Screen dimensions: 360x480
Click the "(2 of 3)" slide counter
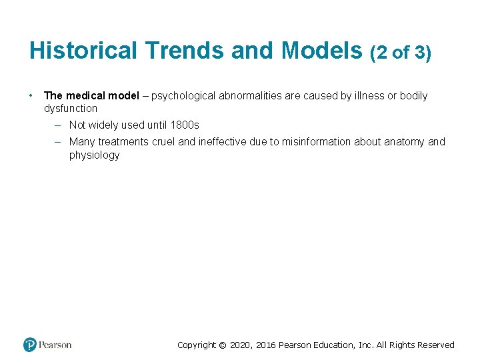click(x=400, y=52)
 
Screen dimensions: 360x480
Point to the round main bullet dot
click(x=31, y=95)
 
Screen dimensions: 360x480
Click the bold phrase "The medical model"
click(x=91, y=95)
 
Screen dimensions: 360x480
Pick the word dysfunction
click(x=71, y=108)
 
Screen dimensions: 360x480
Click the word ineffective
click(x=223, y=141)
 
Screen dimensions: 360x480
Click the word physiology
click(x=94, y=155)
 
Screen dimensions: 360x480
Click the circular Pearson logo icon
click(x=30, y=345)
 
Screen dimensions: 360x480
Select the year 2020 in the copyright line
click(x=241, y=345)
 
